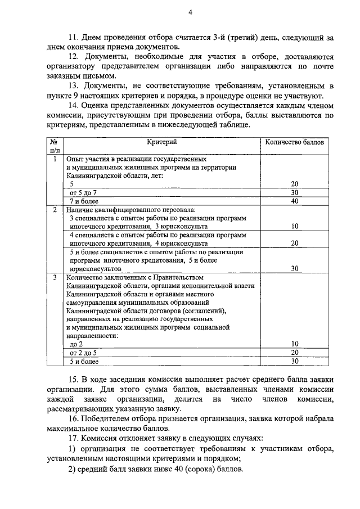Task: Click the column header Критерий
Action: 163,142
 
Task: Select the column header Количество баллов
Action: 295,142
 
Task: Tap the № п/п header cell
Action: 55,146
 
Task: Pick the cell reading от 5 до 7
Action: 79,192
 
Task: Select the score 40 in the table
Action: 294,201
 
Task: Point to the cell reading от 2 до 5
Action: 79,352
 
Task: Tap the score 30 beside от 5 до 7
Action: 294,192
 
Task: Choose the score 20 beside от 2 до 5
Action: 294,352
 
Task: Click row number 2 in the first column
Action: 55,209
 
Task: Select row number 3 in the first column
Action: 55,277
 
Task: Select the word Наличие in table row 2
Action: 79,209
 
